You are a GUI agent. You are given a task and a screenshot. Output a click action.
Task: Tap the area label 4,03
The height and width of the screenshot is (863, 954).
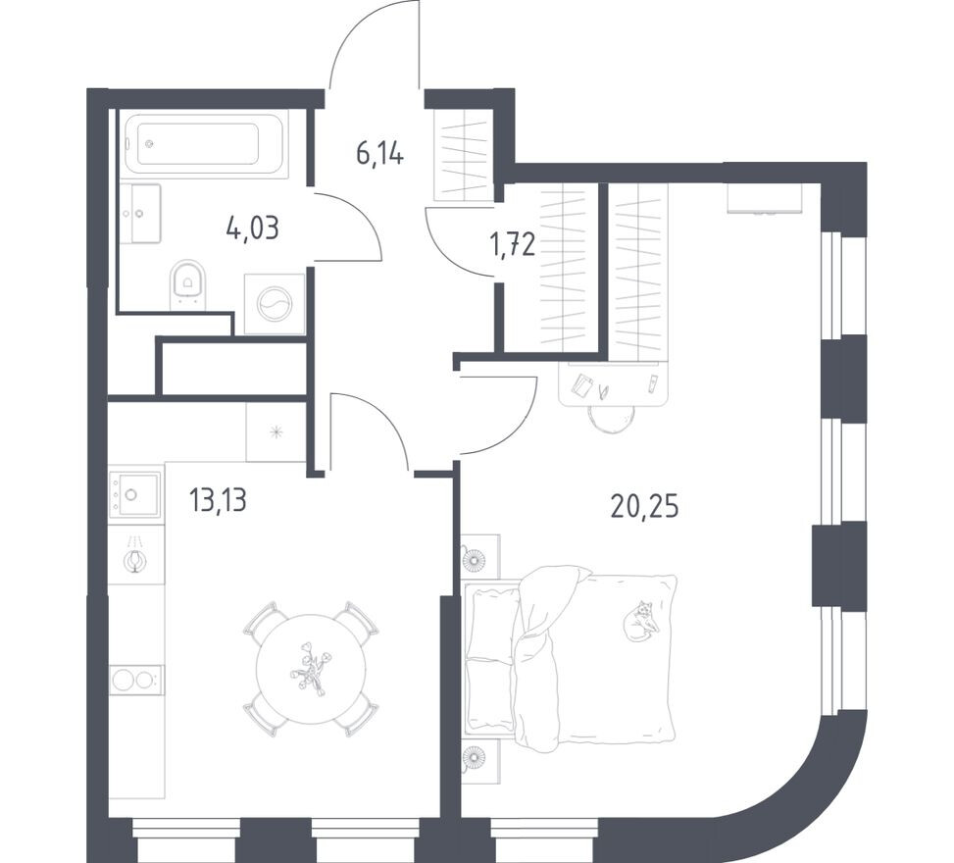(252, 228)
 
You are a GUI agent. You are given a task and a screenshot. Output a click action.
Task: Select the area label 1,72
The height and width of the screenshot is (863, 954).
(512, 244)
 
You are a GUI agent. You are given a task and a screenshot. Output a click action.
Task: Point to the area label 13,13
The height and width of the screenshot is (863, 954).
(217, 501)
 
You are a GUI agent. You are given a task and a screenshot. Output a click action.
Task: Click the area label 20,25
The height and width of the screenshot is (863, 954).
(644, 506)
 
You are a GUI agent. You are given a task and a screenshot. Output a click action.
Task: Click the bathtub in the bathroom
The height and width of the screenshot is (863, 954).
(206, 145)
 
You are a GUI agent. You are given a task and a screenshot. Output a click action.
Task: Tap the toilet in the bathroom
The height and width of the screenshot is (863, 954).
(186, 283)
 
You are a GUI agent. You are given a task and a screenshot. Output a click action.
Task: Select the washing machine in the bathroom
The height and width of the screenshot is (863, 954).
(275, 304)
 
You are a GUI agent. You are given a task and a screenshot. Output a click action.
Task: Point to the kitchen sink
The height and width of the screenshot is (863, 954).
(135, 493)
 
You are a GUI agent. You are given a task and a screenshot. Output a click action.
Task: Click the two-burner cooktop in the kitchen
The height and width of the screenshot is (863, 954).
(135, 679)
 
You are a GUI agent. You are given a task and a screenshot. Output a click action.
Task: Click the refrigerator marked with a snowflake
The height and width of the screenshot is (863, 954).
(276, 431)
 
